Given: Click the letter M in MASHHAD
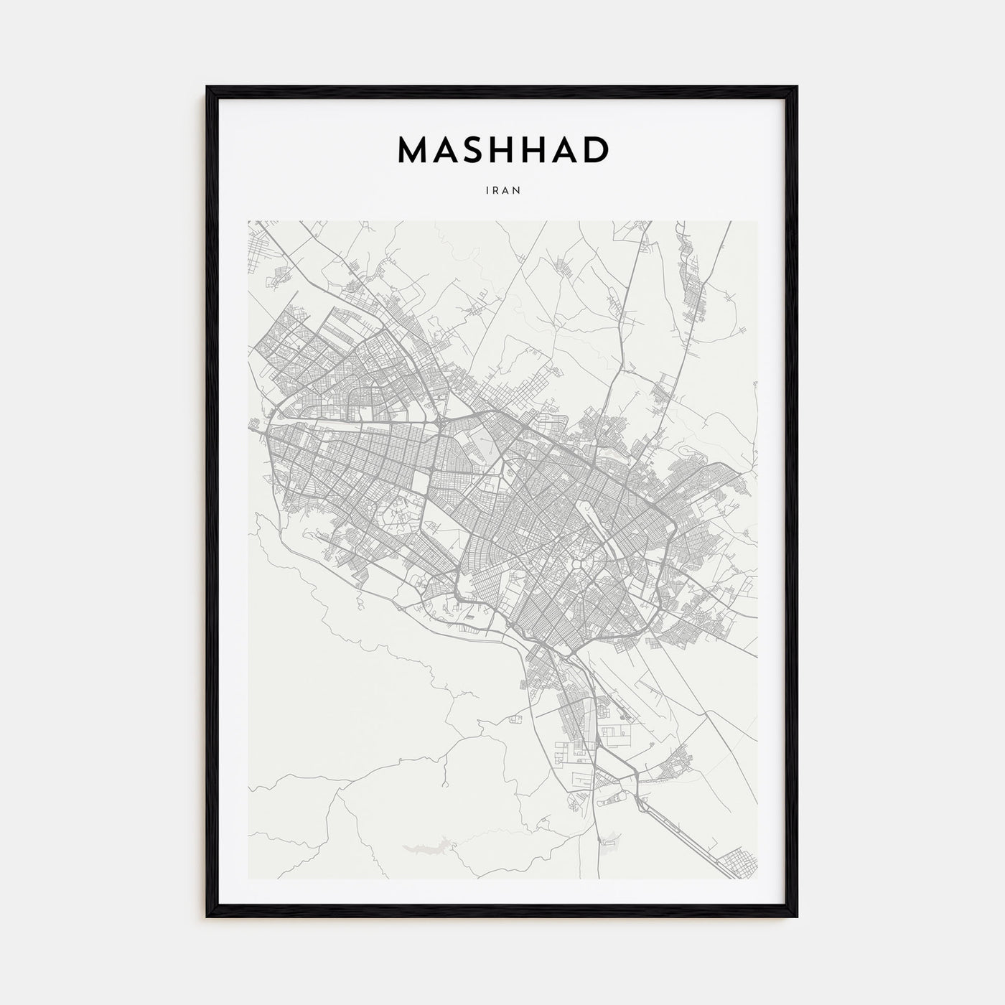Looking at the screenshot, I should pos(413,149).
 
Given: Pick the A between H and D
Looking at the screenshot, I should pos(559,149).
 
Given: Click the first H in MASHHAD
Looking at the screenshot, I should pos(515,149).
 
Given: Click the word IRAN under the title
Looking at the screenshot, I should pos(502,191).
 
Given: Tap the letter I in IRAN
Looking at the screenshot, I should pos(487,191).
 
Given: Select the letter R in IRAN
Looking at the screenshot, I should pos(496,191).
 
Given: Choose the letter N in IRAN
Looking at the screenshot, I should pos(516,191).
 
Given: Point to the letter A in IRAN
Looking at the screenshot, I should pos(506,191).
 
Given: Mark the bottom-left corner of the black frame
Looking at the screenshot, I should pos(208,916).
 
